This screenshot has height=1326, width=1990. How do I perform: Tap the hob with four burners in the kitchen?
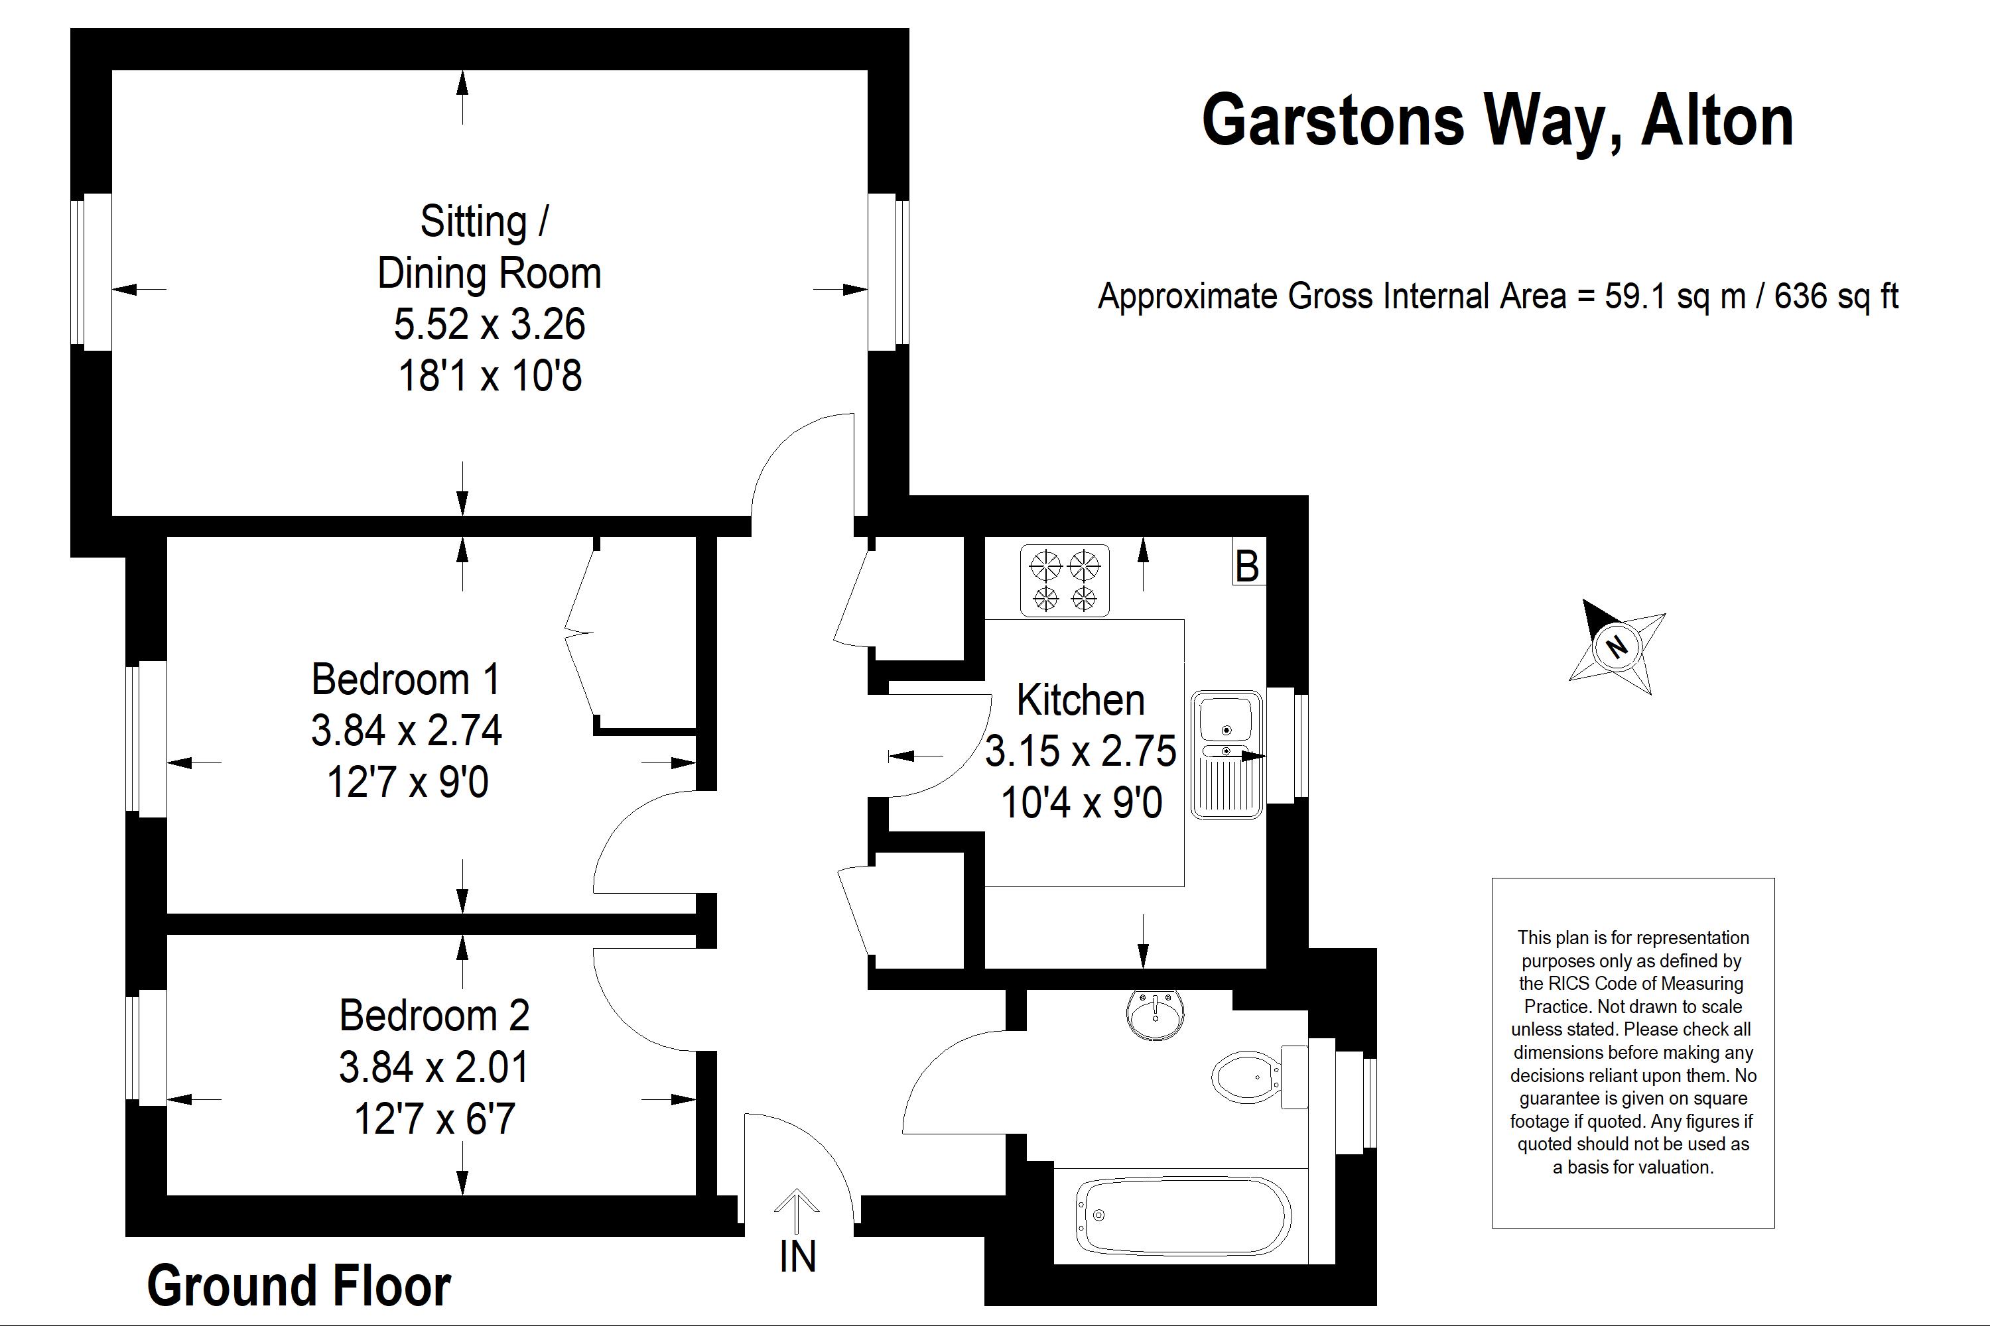pos(1065,580)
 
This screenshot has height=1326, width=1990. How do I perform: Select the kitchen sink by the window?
pos(1227,754)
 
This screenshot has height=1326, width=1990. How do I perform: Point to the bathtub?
pos(1183,1217)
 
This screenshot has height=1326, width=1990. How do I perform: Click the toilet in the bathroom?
pos(1260,1077)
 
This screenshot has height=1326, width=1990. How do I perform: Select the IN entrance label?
pos(797,1256)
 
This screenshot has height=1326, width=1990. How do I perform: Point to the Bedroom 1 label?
pos(405,679)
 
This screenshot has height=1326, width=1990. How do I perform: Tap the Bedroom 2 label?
pos(434,1016)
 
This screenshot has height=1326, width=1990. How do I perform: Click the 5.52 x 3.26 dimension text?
pos(489,324)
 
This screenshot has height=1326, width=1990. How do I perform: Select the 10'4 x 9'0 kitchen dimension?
pos(1081,802)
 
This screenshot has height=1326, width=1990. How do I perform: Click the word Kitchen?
pos(1081,700)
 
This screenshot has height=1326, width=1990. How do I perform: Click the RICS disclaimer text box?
pos(1633,1053)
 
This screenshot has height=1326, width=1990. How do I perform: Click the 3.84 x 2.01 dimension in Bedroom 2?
pos(434,1067)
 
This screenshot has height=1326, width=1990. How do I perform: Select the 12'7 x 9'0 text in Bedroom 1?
pos(408,782)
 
